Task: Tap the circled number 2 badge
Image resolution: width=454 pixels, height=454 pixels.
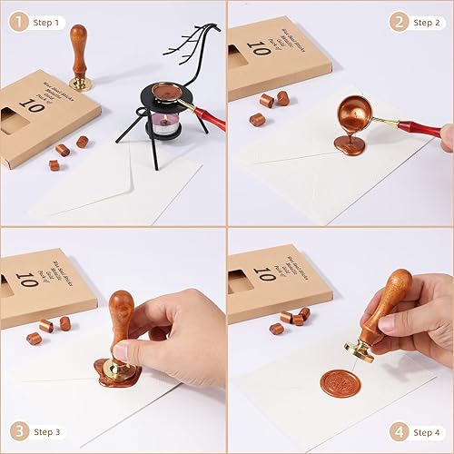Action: pyautogui.click(x=396, y=21)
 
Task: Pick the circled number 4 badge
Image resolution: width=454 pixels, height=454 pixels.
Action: pyautogui.click(x=396, y=429)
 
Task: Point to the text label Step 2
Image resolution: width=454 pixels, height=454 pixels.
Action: pyautogui.click(x=428, y=21)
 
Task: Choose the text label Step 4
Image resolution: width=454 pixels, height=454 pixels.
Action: pyautogui.click(x=428, y=429)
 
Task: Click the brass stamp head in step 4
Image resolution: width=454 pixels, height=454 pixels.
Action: pyautogui.click(x=360, y=350)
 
